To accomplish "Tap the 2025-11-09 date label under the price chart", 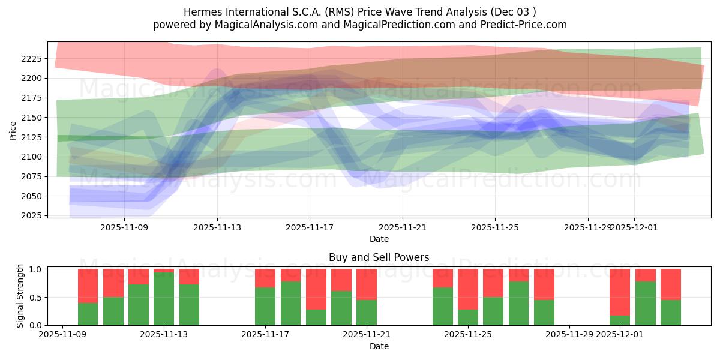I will [x=124, y=228].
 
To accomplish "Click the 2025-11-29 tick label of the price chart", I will [x=587, y=228].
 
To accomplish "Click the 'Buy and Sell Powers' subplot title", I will [x=379, y=257].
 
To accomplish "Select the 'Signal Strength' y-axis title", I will [x=20, y=295].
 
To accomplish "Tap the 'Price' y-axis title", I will [x=13, y=130].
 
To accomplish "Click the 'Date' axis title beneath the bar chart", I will [x=379, y=346].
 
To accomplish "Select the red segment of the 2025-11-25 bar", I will [x=468, y=289].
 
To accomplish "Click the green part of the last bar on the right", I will [x=671, y=313].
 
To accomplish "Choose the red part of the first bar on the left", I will [x=88, y=286].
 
